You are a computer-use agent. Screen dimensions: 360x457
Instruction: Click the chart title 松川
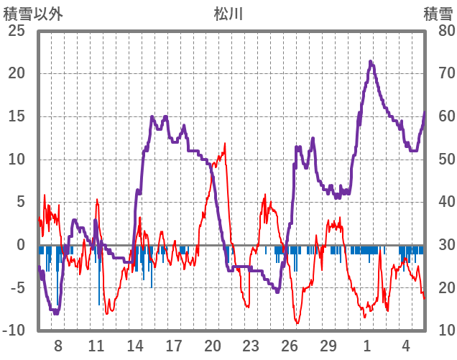coord(229,13)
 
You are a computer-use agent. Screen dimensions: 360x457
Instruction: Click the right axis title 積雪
coord(438,13)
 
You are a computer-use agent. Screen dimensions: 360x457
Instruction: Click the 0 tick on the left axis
coord(21,245)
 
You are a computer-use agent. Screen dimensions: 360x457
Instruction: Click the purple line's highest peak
coord(371,62)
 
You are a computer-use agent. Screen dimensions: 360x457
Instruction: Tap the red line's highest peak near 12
coord(225,143)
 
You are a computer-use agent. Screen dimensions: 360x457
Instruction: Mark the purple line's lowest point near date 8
coord(56,313)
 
